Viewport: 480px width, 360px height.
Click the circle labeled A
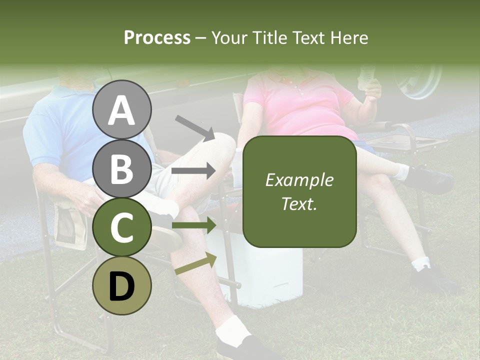(121, 109)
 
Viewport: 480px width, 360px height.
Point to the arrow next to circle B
(193, 171)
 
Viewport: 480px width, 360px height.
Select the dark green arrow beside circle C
(193, 225)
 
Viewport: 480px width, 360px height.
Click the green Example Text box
(299, 192)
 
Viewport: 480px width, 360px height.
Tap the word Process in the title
(157, 37)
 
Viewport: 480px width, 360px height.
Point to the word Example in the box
(299, 180)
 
